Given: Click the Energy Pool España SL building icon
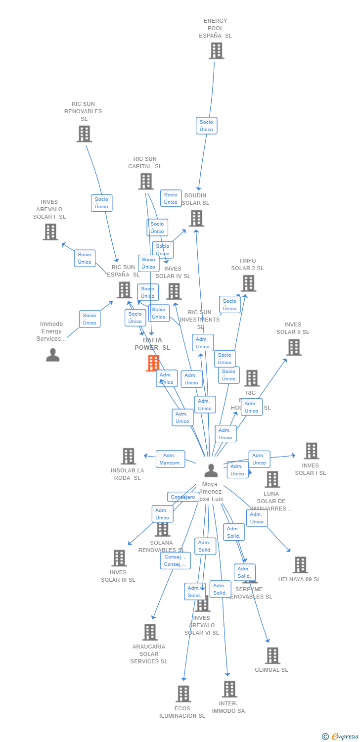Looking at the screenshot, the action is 216,51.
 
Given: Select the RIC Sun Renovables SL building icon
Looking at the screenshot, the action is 84,134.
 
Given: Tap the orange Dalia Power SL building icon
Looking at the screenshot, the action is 153,363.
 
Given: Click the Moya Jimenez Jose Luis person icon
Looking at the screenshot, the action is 211,470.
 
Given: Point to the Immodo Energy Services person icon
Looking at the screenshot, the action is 52,355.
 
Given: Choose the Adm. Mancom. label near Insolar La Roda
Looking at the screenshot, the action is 170,459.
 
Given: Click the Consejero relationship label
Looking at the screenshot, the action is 183,497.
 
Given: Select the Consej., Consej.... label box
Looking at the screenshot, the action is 175,560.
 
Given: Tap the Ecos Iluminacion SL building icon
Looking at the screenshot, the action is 183,694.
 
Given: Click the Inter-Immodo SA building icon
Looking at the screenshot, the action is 229,689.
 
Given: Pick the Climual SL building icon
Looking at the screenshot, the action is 272,655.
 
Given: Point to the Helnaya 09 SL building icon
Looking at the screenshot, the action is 300,565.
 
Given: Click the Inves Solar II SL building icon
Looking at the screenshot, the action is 294,347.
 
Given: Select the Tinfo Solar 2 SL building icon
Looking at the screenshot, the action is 248,283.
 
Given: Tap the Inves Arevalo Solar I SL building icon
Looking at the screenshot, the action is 50,232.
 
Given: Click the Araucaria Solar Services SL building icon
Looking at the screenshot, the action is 150,632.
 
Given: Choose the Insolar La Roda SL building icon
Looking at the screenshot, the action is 128,456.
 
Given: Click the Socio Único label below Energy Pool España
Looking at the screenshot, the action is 206,126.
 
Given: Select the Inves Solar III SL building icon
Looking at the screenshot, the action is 119,558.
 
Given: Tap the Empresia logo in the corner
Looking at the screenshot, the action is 341,737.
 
